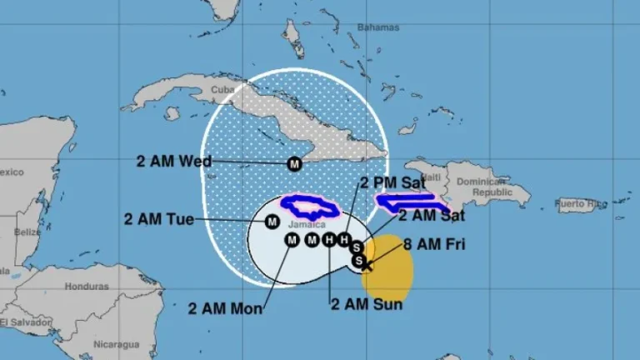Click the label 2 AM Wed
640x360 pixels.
click(173, 161)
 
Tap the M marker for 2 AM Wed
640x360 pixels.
click(294, 164)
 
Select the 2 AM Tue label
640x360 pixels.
click(159, 219)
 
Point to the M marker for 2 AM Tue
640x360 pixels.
click(272, 222)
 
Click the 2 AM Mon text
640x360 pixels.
click(227, 308)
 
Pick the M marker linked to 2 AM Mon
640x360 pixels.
click(292, 241)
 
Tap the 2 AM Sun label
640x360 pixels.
click(367, 304)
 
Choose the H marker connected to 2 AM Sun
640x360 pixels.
click(329, 241)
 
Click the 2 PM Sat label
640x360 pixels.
click(392, 182)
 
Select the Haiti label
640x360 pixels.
click(431, 177)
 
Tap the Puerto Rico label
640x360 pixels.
click(581, 202)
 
